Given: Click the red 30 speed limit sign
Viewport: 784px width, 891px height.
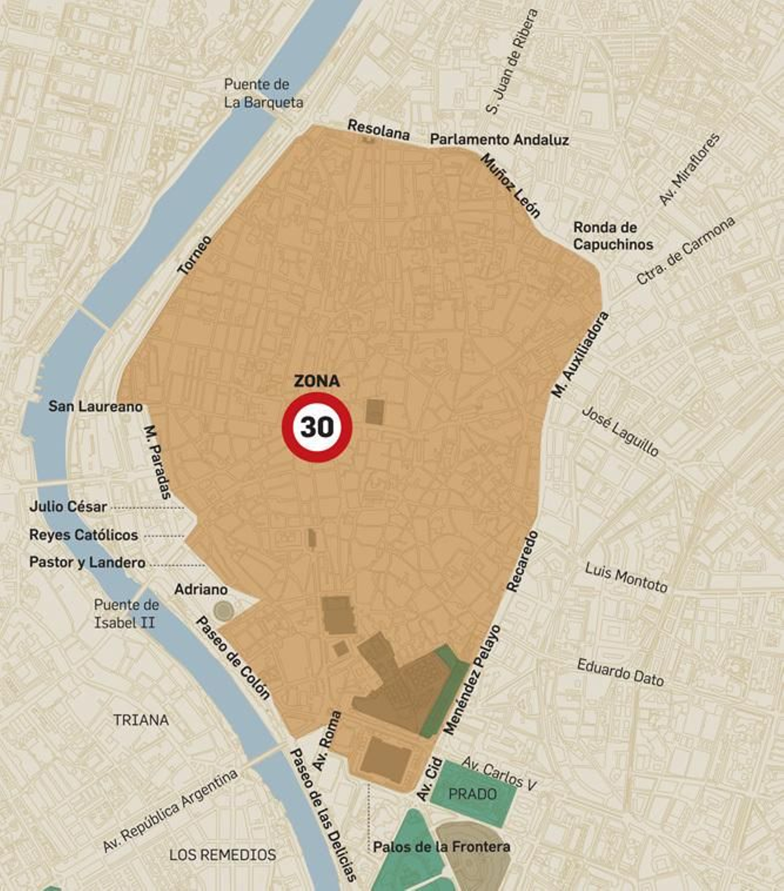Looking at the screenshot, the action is pyautogui.click(x=317, y=427).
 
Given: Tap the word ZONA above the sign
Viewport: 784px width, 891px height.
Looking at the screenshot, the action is pyautogui.click(x=317, y=381).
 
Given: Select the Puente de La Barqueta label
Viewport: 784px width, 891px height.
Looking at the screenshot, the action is pyautogui.click(x=263, y=93).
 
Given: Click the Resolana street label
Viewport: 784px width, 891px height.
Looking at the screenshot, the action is pyautogui.click(x=378, y=129).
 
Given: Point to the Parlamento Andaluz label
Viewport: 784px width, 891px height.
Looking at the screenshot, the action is pyautogui.click(x=499, y=140).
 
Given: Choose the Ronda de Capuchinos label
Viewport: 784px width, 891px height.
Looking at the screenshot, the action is pyautogui.click(x=612, y=236).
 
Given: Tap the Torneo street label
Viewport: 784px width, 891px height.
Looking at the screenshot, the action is pyautogui.click(x=195, y=255).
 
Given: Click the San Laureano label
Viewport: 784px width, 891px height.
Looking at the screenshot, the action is pyautogui.click(x=96, y=406).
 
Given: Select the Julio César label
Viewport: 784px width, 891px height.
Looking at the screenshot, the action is pyautogui.click(x=68, y=506).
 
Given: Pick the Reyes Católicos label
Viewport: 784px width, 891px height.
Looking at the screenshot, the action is pyautogui.click(x=84, y=535).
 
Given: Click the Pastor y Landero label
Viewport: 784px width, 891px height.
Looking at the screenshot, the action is pyautogui.click(x=87, y=562).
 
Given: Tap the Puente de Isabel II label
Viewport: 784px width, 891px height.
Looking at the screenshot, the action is pyautogui.click(x=125, y=614).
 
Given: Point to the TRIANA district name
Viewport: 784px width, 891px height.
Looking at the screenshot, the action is pyautogui.click(x=141, y=720).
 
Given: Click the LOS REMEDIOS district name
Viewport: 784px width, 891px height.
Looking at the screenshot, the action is pyautogui.click(x=222, y=855).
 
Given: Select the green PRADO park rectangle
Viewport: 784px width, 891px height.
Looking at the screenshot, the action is pyautogui.click(x=473, y=794).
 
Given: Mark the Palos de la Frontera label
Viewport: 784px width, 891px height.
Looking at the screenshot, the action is pyautogui.click(x=441, y=847).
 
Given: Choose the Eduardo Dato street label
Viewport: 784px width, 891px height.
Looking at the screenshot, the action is pyautogui.click(x=620, y=672).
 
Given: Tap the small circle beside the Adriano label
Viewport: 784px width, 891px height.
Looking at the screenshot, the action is pyautogui.click(x=223, y=611).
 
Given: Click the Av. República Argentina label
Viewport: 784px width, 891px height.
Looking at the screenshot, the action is pyautogui.click(x=170, y=811).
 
